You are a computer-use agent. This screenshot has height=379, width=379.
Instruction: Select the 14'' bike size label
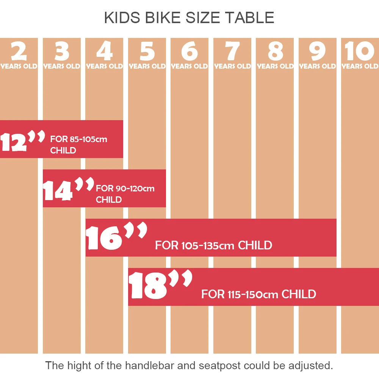pos(67,189)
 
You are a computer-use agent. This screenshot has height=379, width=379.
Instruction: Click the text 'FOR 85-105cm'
pos(79,139)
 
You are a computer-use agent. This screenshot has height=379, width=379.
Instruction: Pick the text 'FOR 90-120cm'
pos(125,188)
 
